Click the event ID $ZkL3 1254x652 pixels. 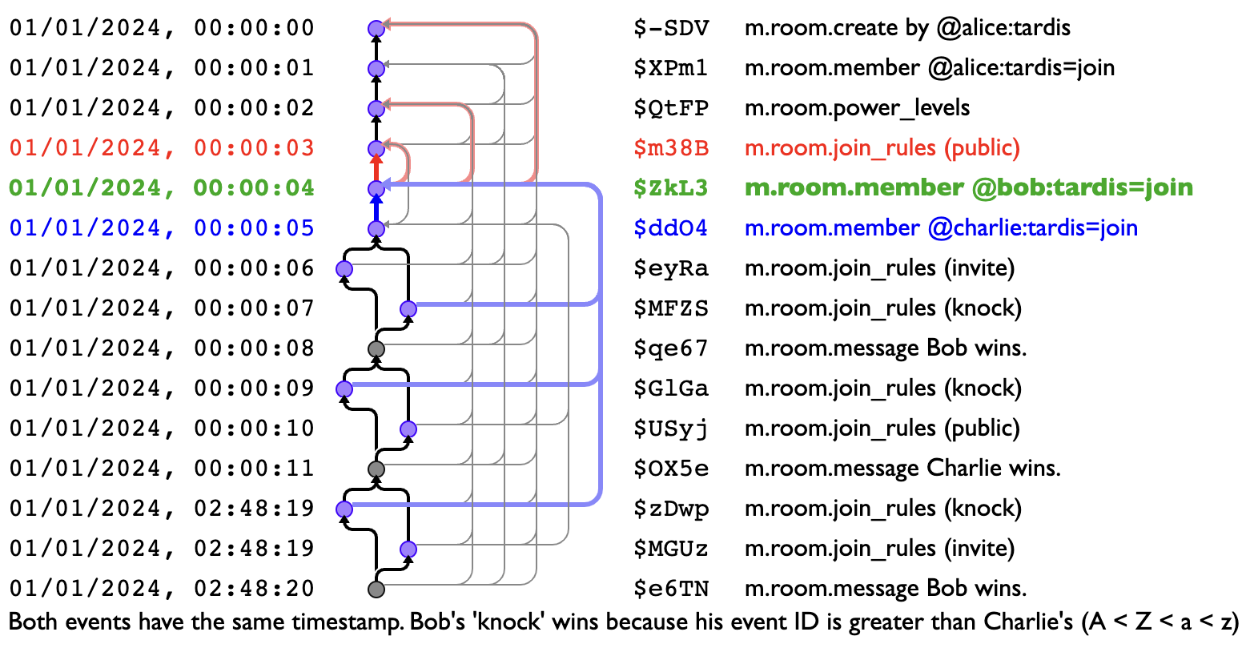click(670, 188)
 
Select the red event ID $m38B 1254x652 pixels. click(670, 148)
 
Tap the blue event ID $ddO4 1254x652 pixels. click(670, 228)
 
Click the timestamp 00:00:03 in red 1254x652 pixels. click(254, 148)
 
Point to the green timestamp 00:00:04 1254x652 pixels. click(254, 188)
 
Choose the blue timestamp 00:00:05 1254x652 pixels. click(254, 228)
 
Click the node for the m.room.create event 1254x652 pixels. click(376, 29)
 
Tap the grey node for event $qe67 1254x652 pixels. click(376, 349)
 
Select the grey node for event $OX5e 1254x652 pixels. click(376, 469)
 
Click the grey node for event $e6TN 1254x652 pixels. click(376, 590)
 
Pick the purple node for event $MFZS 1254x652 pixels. click(408, 309)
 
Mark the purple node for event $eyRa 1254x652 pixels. click(344, 269)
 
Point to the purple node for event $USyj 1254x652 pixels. click(408, 429)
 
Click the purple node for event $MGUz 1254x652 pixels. click(408, 549)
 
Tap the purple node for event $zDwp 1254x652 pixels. click(344, 509)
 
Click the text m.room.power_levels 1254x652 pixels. click(857, 108)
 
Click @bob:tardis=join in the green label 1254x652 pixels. click(1082, 188)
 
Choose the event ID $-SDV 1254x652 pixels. click(670, 29)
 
